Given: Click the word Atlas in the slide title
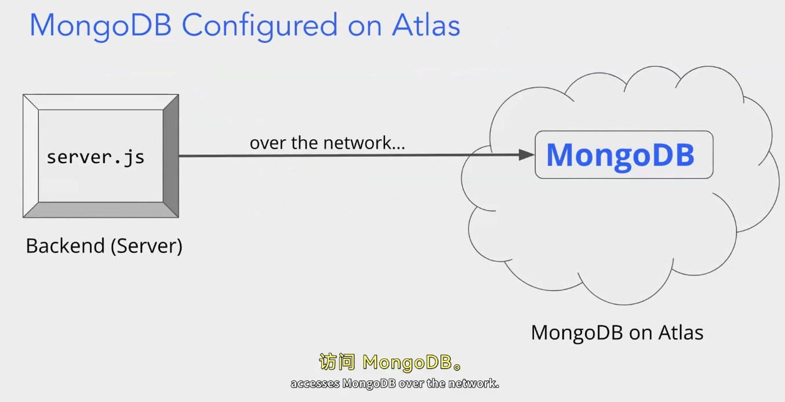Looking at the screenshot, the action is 426,26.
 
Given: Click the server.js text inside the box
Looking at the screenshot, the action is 96,157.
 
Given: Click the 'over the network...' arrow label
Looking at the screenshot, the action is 327,143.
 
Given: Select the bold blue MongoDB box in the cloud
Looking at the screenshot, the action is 623,155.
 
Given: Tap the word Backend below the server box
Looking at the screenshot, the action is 64,246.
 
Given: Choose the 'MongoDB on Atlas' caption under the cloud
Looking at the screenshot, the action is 617,333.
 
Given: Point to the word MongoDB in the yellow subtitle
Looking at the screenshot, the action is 406,363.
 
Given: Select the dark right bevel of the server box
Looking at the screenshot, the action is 171,155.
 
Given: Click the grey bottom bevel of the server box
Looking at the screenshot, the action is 100,209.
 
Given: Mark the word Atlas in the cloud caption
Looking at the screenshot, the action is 681,333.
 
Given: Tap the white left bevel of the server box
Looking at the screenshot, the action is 31,155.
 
